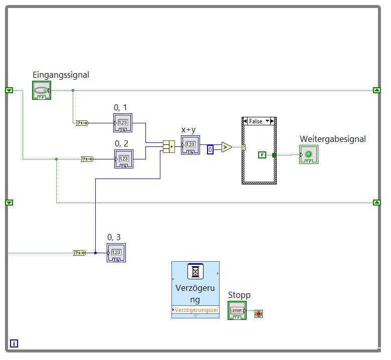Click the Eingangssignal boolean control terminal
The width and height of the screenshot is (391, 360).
pos(42,90)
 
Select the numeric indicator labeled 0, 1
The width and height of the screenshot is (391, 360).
pos(123,122)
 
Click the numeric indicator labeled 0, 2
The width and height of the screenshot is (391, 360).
pos(123,158)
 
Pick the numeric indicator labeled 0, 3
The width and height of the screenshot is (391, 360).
pos(116,252)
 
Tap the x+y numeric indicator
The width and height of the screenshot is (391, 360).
pos(190,145)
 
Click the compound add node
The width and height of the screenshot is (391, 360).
pos(169,146)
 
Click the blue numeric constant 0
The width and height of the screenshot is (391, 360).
pos(211,149)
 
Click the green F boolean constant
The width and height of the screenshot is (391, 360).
pos(262,155)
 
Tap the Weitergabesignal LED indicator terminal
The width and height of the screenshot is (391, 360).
pos(308,154)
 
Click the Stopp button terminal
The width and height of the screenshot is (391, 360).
pos(237,311)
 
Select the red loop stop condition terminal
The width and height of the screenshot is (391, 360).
pos(259,314)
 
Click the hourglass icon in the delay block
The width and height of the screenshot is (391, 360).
pos(195,272)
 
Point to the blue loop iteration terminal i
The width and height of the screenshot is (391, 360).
pos(14,343)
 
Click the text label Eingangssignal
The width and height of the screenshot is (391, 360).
pos(61,75)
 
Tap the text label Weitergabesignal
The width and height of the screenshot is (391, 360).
pos(332,139)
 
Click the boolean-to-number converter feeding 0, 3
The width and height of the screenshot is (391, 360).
pos(79,253)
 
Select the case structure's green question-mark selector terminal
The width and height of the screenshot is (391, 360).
pos(244,147)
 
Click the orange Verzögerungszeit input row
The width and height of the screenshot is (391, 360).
pos(195,310)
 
